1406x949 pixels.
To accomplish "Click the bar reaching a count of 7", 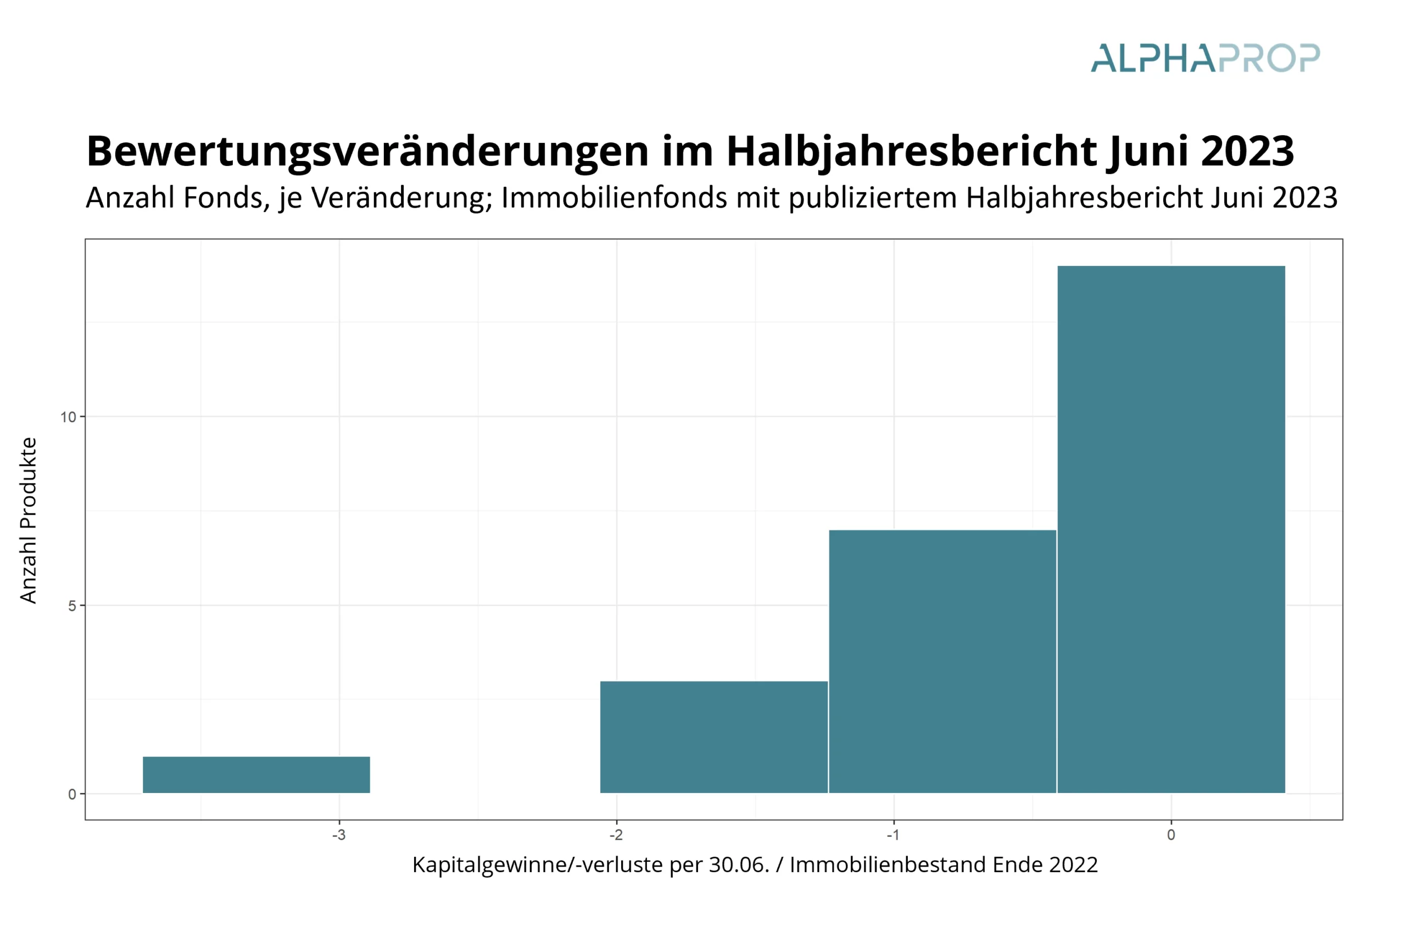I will pos(942,661).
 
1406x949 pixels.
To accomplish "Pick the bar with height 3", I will pos(713,736).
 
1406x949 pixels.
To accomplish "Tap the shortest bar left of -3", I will pos(256,774).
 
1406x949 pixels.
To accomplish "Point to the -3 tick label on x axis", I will pos(339,835).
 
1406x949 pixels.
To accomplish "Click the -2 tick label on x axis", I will pos(616,835).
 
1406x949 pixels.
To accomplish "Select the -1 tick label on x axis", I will pos(893,835).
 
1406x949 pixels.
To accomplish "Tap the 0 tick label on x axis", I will pos(1170,835).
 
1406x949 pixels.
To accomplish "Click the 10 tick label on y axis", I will pos(68,417).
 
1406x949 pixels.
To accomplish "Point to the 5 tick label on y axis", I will pos(72,605).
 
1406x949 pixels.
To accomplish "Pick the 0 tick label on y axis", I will pos(72,794).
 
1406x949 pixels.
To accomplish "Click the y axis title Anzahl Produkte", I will pos(29,520).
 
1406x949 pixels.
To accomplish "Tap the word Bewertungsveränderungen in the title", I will pos(367,151).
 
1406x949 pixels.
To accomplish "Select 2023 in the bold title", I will pos(1247,151).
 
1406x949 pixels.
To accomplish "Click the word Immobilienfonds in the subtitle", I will pos(614,198).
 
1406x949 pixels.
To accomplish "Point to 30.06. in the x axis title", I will pos(739,866).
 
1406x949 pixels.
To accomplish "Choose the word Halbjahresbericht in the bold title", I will pos(911,151).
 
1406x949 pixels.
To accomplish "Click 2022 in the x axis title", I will pos(1073,866).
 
